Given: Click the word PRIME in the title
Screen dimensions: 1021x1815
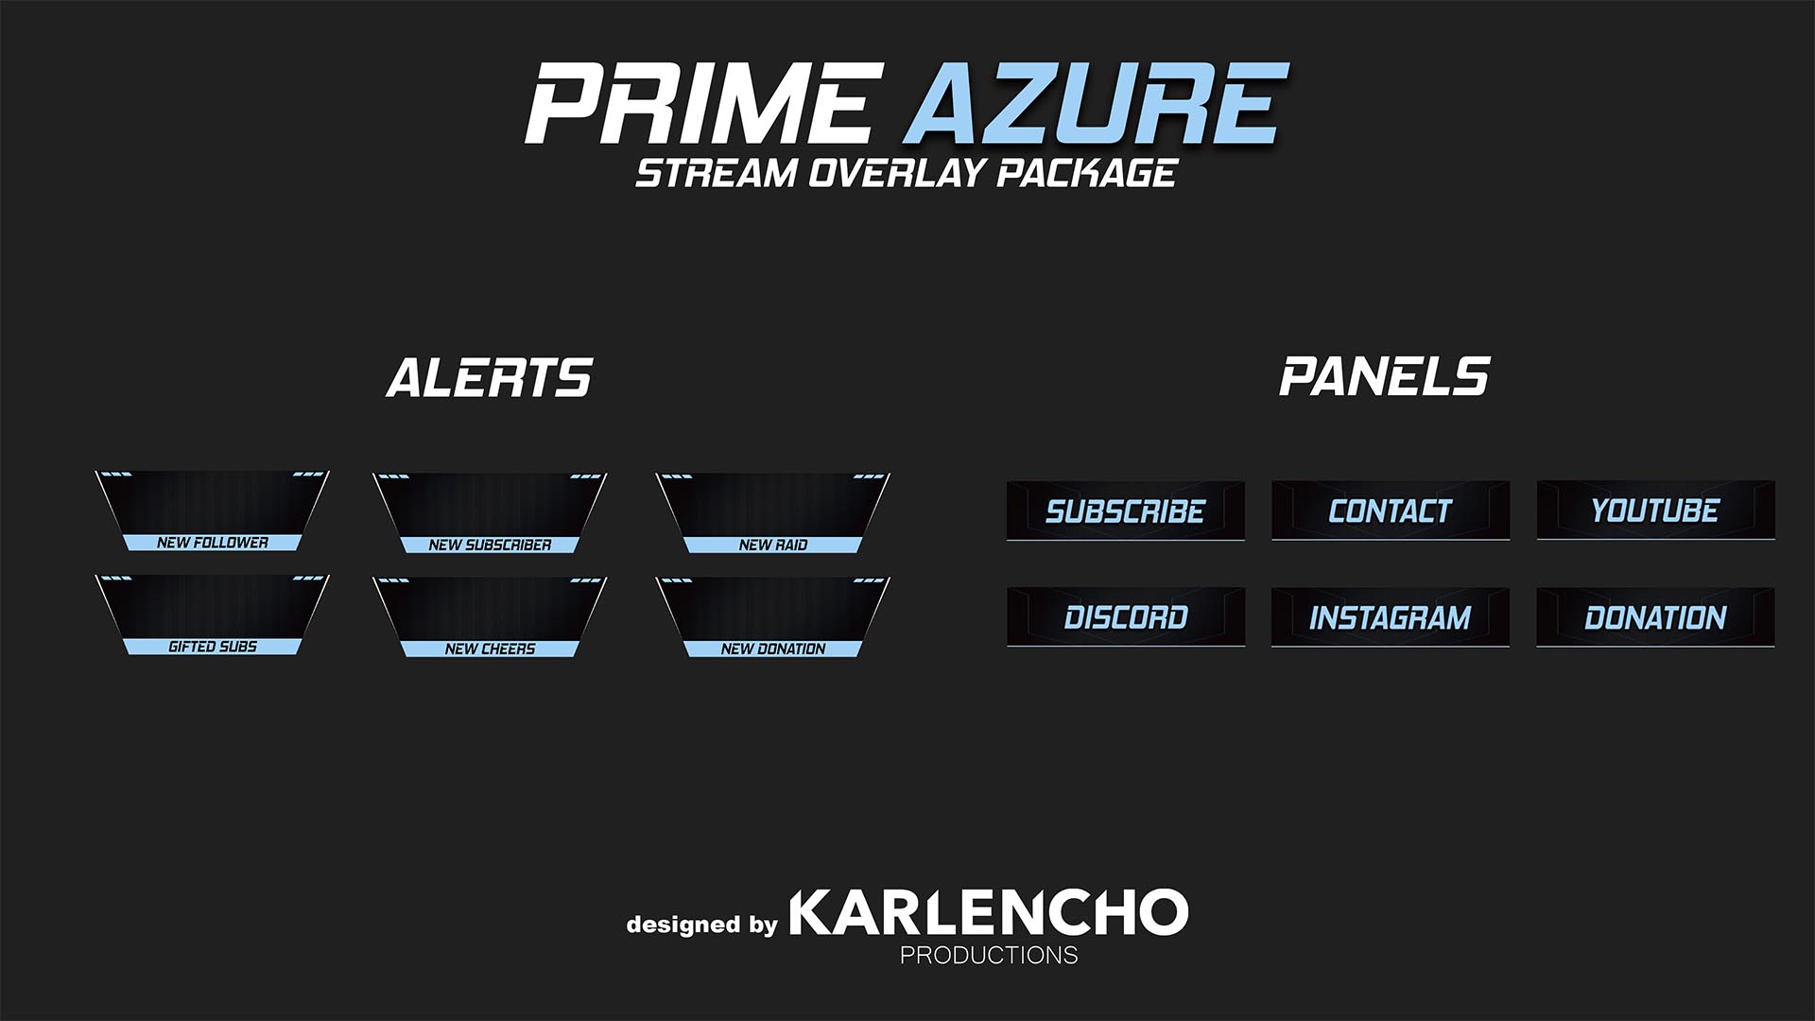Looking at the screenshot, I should point(698,103).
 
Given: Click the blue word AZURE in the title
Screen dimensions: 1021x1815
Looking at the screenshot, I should point(1095,103).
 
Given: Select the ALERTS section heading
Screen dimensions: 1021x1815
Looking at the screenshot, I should point(489,378).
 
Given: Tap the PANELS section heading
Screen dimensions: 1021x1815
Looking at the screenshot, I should point(1384,376).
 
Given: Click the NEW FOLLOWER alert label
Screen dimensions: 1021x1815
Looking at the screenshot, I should point(213,543).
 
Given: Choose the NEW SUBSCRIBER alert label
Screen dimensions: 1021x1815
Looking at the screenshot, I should point(490,545).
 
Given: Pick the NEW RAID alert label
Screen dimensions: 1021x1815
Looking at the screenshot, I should point(772,545).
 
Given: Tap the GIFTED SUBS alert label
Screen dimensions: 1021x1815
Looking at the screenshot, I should point(213,647).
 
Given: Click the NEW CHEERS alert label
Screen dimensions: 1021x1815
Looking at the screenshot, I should point(490,649).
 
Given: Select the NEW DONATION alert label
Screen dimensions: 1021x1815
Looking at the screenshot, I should point(772,649).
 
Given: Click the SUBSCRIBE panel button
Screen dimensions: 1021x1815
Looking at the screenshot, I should point(1125,511).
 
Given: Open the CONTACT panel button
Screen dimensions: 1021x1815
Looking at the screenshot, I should point(1390,511).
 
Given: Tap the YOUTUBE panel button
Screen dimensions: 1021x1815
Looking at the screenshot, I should point(1654,511).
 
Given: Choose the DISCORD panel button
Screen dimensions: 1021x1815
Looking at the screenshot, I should point(1125,617).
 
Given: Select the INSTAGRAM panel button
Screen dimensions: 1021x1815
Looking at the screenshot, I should point(1390,617).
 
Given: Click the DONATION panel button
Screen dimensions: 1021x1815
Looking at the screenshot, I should point(1654,617).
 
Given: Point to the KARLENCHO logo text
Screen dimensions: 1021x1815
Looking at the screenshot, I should point(988,912).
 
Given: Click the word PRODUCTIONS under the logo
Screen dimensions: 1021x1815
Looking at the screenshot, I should point(988,955).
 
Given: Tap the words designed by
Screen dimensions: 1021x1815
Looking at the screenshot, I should point(701,924).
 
